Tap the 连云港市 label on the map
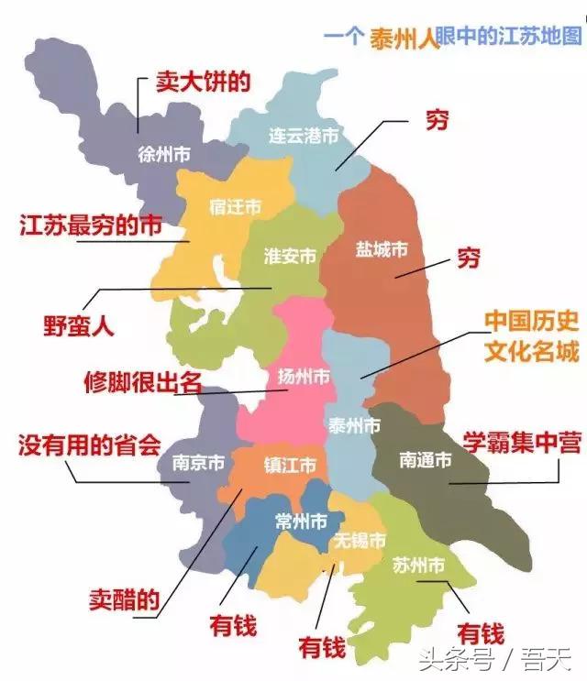(x=304, y=136)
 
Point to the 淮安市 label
(x=290, y=256)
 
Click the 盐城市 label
(x=382, y=248)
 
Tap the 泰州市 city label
(x=353, y=426)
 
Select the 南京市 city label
(x=198, y=463)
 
